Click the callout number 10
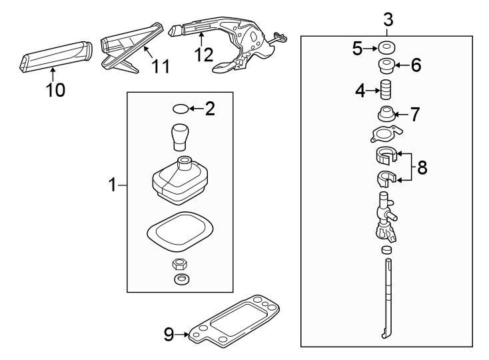point(55,90)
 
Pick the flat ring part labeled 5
point(386,48)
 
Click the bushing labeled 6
point(385,66)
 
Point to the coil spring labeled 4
point(386,89)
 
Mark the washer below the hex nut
point(180,278)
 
